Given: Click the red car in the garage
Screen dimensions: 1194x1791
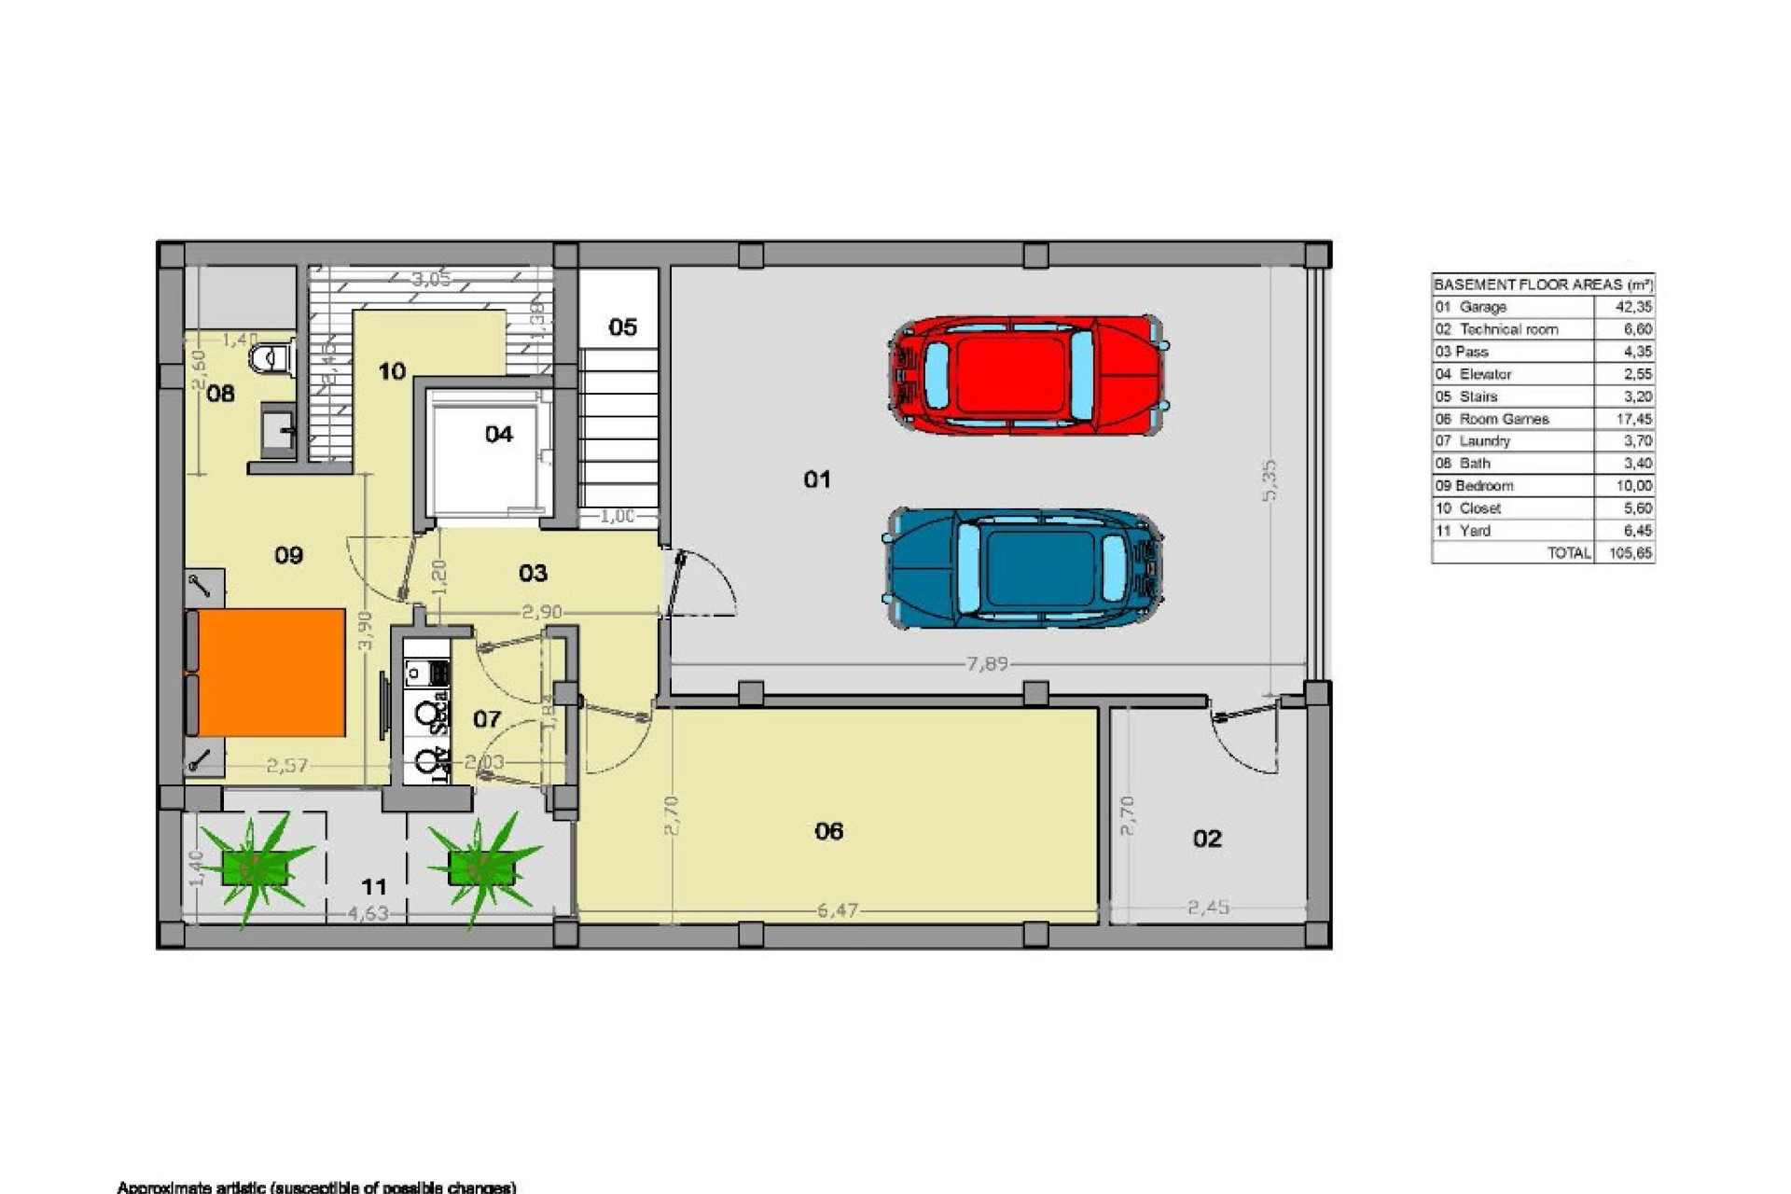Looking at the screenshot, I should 1026,374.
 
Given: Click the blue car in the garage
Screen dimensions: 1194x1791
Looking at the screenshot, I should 1024,568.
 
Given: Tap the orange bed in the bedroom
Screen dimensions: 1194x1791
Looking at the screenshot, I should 271,672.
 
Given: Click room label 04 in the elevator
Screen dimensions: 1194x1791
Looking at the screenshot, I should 499,434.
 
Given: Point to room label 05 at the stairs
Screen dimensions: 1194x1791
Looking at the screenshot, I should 622,327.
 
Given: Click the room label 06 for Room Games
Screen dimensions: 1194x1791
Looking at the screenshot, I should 828,831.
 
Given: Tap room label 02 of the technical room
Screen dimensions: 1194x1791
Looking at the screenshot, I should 1207,839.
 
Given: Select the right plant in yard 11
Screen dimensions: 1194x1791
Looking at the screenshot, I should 481,868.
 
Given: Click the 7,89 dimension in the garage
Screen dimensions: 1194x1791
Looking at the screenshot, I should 987,664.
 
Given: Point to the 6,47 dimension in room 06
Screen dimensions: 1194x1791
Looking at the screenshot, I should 837,909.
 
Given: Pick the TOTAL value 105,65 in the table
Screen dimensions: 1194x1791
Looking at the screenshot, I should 1631,553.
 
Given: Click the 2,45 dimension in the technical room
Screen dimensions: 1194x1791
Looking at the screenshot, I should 1208,907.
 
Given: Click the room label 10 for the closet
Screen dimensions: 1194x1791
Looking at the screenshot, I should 392,371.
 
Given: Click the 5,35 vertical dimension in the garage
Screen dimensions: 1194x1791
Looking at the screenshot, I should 1270,480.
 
